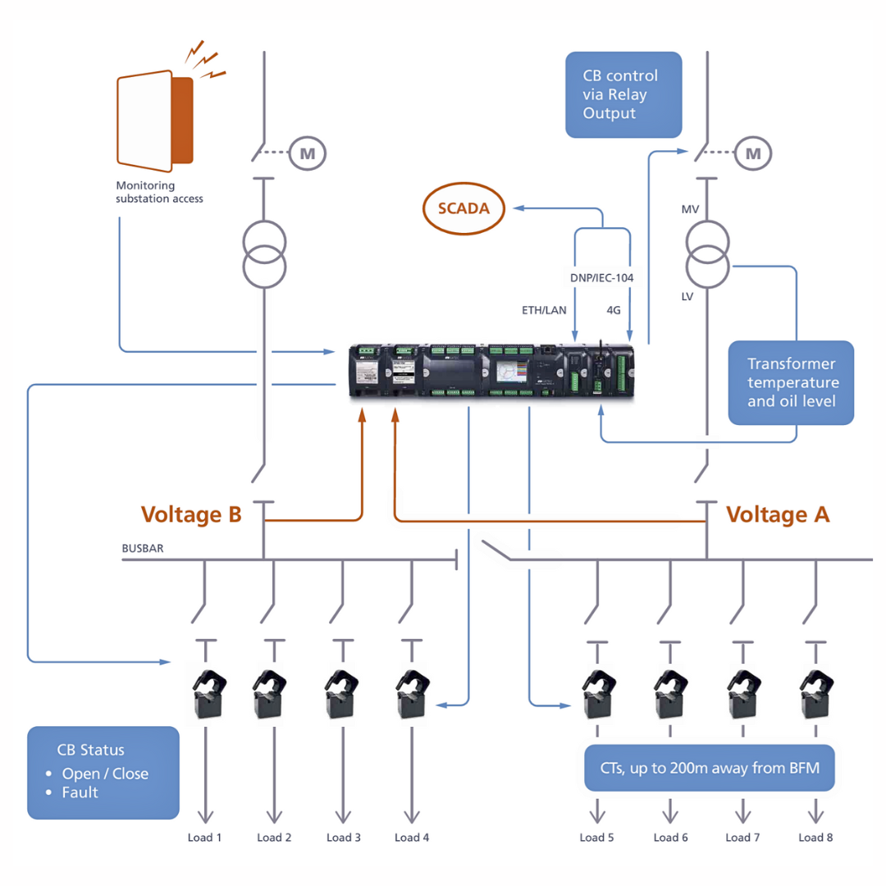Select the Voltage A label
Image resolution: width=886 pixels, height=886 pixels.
778,514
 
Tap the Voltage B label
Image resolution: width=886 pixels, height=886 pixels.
191,514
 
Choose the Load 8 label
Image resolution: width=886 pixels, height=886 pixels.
816,838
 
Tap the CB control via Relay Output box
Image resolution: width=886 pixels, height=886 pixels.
623,94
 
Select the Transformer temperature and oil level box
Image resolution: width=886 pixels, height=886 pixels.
791,382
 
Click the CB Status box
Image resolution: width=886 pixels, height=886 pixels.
103,772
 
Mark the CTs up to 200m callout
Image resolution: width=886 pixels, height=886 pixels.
709,769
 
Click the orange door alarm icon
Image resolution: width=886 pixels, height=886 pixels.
156,121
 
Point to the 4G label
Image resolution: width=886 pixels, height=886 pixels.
614,311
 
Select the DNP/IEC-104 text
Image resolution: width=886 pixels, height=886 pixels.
601,278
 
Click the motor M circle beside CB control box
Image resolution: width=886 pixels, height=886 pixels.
752,153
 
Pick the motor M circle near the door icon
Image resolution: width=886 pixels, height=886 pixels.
308,153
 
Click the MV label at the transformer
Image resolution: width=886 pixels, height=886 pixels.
690,212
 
